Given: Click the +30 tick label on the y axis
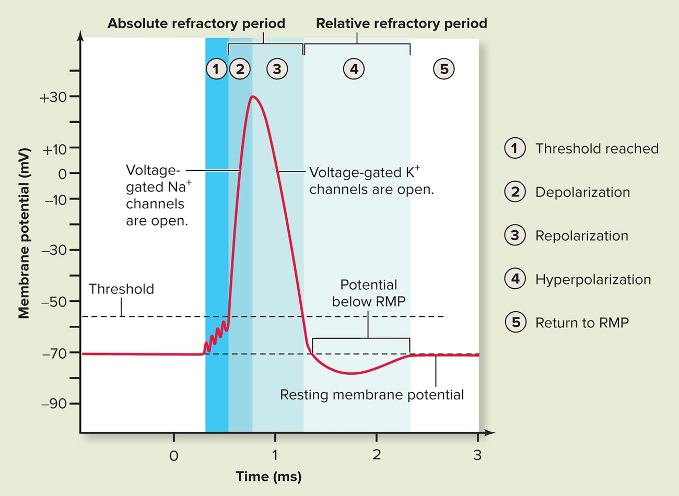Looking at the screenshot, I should coord(53,97).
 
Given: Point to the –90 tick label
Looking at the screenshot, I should coord(54,404).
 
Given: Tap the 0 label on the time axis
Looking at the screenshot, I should coord(174,455).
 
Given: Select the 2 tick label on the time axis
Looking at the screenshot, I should coord(377,454).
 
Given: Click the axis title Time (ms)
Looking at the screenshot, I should coord(268,476).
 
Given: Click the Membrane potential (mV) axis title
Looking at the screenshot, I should coord(24,233).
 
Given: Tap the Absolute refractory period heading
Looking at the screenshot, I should coord(196,23).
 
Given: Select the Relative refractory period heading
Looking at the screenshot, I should coord(402,23).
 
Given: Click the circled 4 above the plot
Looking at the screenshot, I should coord(354,68).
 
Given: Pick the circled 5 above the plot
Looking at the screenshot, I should coord(444,68).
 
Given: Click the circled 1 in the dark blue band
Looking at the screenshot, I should coord(216,68).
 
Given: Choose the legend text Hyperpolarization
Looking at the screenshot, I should coord(593,279).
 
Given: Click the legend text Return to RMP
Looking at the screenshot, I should coord(582,323).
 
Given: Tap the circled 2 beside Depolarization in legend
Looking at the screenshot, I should coord(515,192).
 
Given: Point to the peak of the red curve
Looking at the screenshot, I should coord(253,96).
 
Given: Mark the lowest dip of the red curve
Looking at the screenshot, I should coord(353,373).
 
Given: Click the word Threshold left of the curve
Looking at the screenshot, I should coord(121,289).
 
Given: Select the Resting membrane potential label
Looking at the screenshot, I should coord(372,395).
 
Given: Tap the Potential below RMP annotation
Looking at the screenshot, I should coord(369,293).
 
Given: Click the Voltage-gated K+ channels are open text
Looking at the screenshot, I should coord(371,181).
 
